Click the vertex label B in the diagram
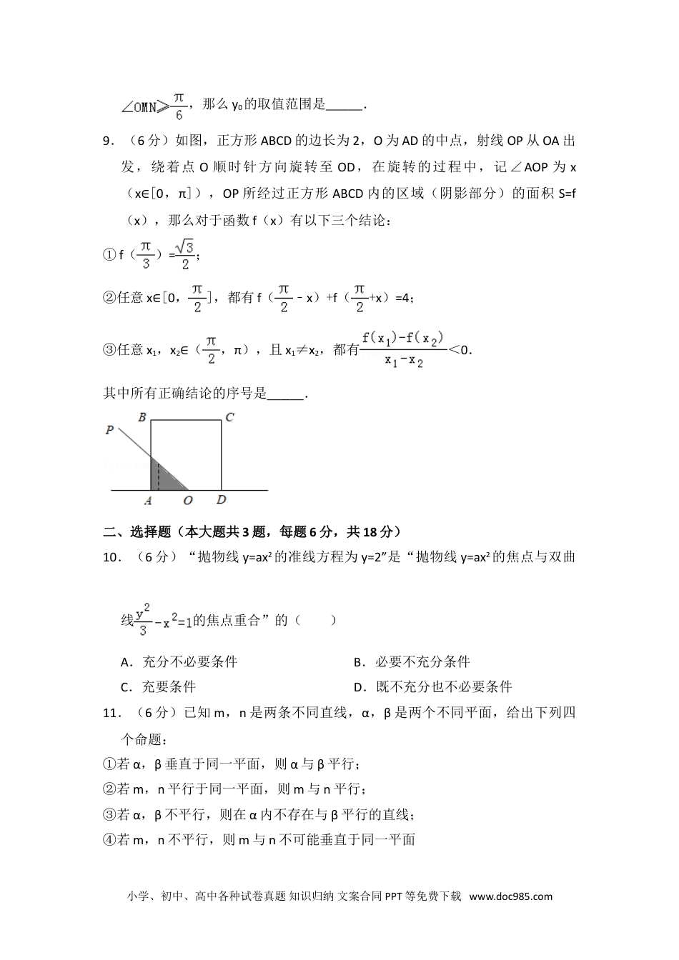(x=142, y=416)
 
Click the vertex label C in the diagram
(x=229, y=416)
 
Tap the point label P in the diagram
(x=109, y=430)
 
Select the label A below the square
(x=147, y=501)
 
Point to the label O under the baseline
(x=188, y=501)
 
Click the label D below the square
(x=222, y=501)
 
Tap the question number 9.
(x=109, y=141)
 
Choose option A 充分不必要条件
(x=179, y=661)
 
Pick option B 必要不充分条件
(x=412, y=661)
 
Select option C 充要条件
(x=159, y=686)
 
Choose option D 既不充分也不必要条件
(x=432, y=686)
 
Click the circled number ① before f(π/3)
(x=109, y=254)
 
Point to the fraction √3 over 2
(x=185, y=254)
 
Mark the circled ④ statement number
(x=109, y=839)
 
